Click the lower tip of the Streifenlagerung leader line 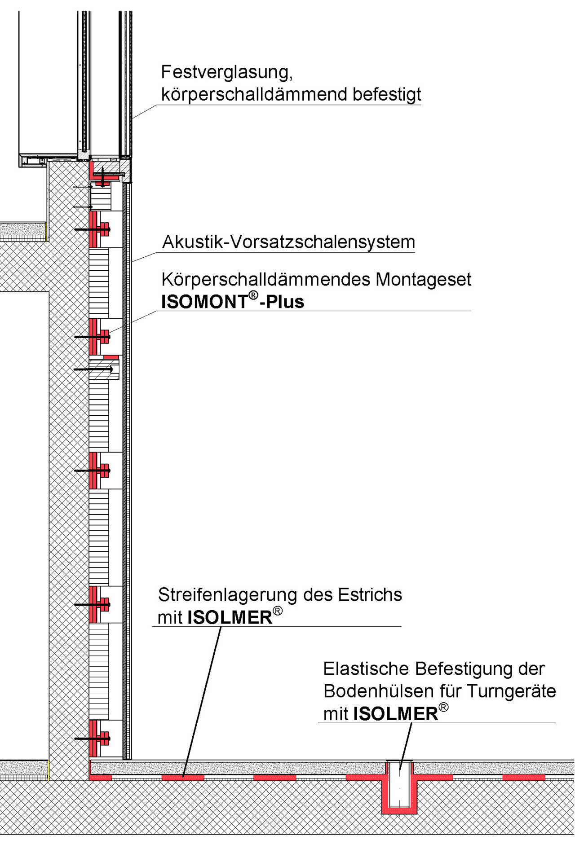click(183, 776)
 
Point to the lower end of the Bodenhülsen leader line click(400, 770)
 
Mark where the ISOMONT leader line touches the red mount click(109, 333)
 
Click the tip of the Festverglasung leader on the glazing click(132, 119)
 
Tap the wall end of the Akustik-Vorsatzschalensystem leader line click(132, 262)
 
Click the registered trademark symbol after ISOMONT click(253, 295)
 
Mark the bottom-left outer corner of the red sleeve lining click(382, 814)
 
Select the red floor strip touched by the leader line click(183, 777)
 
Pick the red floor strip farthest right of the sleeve click(524, 777)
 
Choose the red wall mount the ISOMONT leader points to click(99, 336)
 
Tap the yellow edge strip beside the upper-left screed click(46, 231)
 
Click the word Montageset click(423, 280)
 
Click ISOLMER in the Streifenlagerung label click(230, 617)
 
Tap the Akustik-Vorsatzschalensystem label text click(288, 242)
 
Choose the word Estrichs click(370, 595)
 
